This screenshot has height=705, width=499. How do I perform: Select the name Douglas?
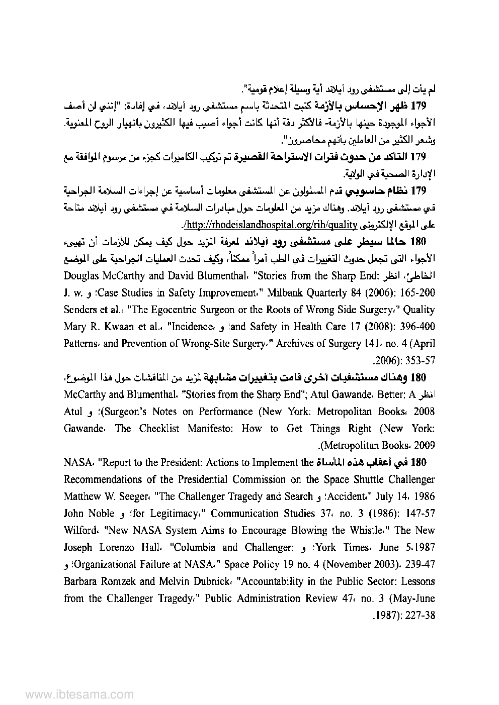(82, 275)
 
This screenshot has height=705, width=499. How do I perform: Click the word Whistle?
(373, 530)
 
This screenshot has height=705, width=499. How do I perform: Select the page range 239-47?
(417, 564)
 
